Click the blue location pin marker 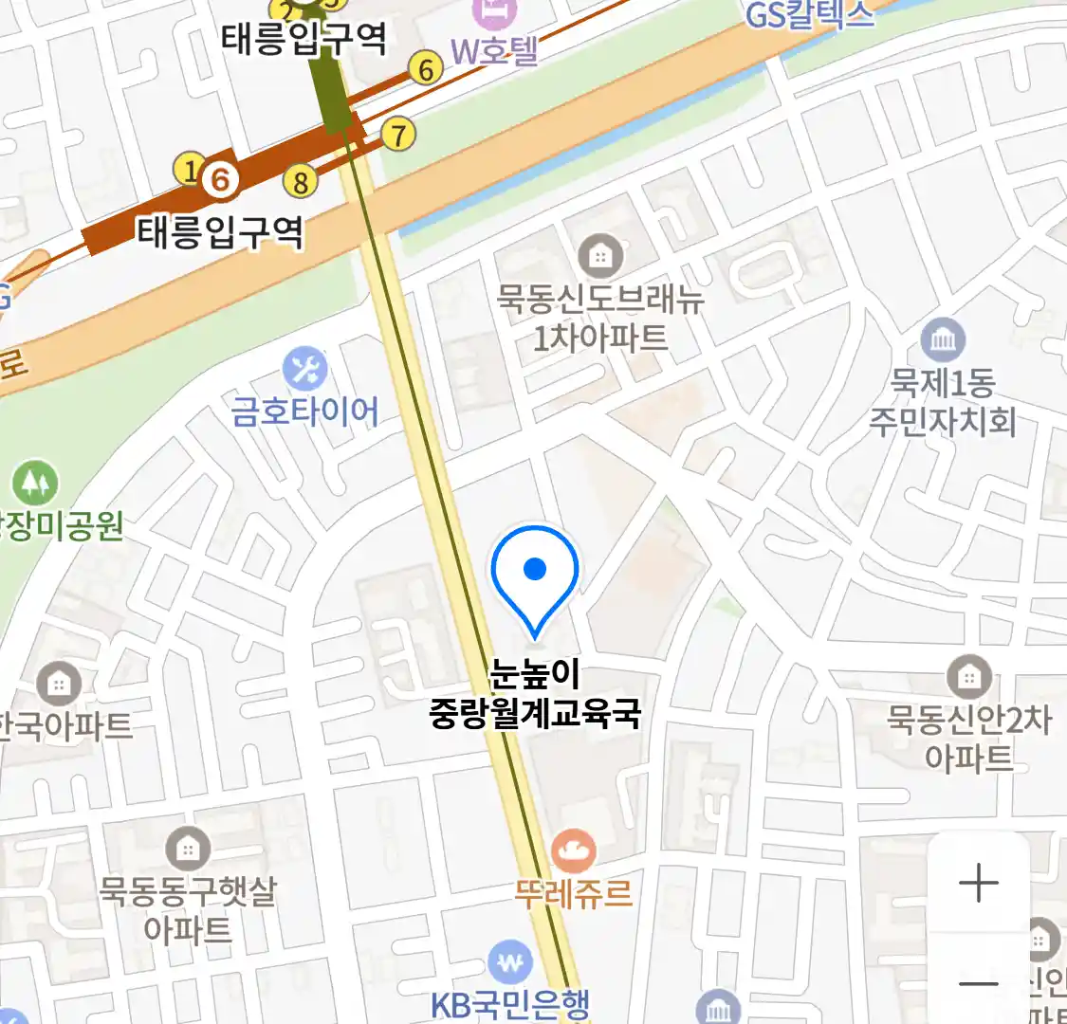pos(535,575)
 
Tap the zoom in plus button pos(978,884)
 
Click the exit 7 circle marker pos(398,135)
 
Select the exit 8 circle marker pos(301,180)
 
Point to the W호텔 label pos(493,50)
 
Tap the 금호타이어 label pos(304,411)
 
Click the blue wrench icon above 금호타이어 pos(304,370)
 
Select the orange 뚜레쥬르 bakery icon pos(573,850)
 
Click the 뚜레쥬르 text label pos(573,892)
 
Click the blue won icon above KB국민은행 pos(510,963)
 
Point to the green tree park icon pos(35,484)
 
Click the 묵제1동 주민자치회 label pos(942,402)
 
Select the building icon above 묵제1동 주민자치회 pos(942,339)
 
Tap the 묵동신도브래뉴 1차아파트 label pos(600,319)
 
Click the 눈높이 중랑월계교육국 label pos(535,693)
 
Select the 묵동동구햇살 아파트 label pos(188,909)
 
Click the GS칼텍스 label pos(809,15)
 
